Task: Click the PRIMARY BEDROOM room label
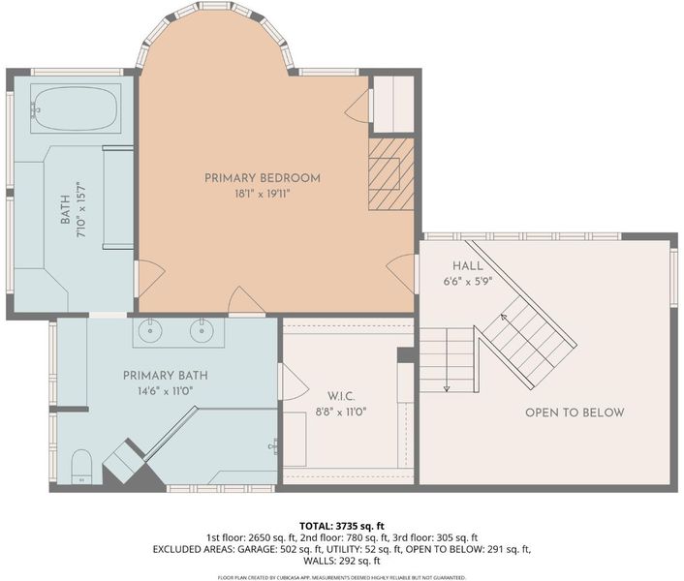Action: coord(263,178)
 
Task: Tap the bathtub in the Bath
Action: coord(76,108)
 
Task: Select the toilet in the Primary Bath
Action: coord(81,467)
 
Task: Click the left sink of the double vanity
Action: coord(150,331)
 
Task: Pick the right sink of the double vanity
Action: coord(202,331)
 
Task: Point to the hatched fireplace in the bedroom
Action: coord(390,174)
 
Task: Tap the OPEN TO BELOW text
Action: coord(575,413)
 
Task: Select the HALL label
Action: coord(468,266)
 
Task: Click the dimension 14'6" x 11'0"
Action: coord(166,391)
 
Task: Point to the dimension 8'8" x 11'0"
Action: coord(341,411)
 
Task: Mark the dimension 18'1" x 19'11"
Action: coord(263,194)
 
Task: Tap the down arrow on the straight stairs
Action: coord(447,360)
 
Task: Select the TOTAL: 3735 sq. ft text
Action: coord(342,526)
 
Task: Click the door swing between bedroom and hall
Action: coord(400,274)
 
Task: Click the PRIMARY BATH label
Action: coord(166,376)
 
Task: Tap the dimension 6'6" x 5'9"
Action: coord(468,282)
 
